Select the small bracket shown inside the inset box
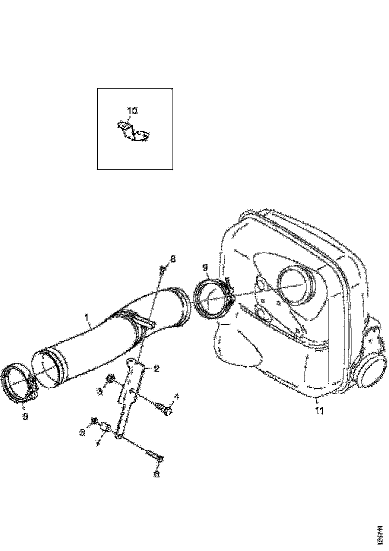[134, 131]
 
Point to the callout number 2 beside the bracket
[156, 369]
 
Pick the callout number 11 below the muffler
[319, 411]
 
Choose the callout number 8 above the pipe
[173, 258]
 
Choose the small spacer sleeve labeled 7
[106, 427]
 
